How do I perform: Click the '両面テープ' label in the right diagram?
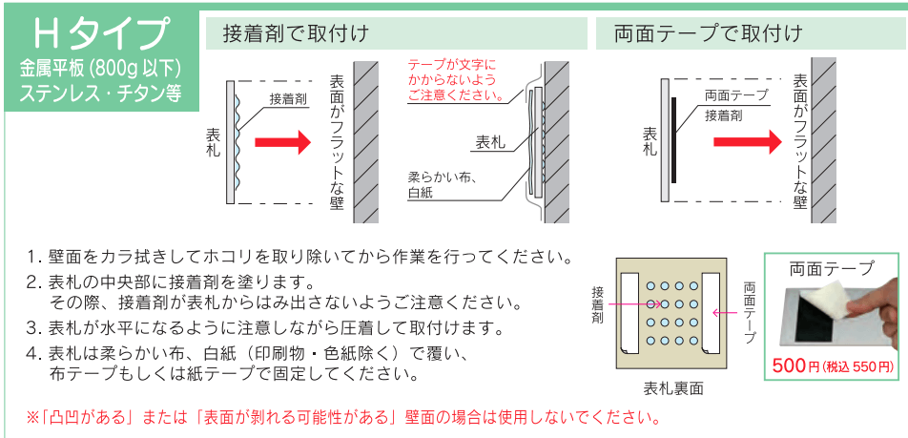click(x=735, y=95)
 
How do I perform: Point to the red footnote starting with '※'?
click(x=343, y=418)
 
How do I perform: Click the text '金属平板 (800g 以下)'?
click(x=99, y=69)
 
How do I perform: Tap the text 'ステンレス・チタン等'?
click(x=99, y=93)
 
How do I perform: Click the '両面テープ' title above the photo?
click(x=832, y=268)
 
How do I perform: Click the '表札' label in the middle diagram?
click(x=490, y=143)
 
